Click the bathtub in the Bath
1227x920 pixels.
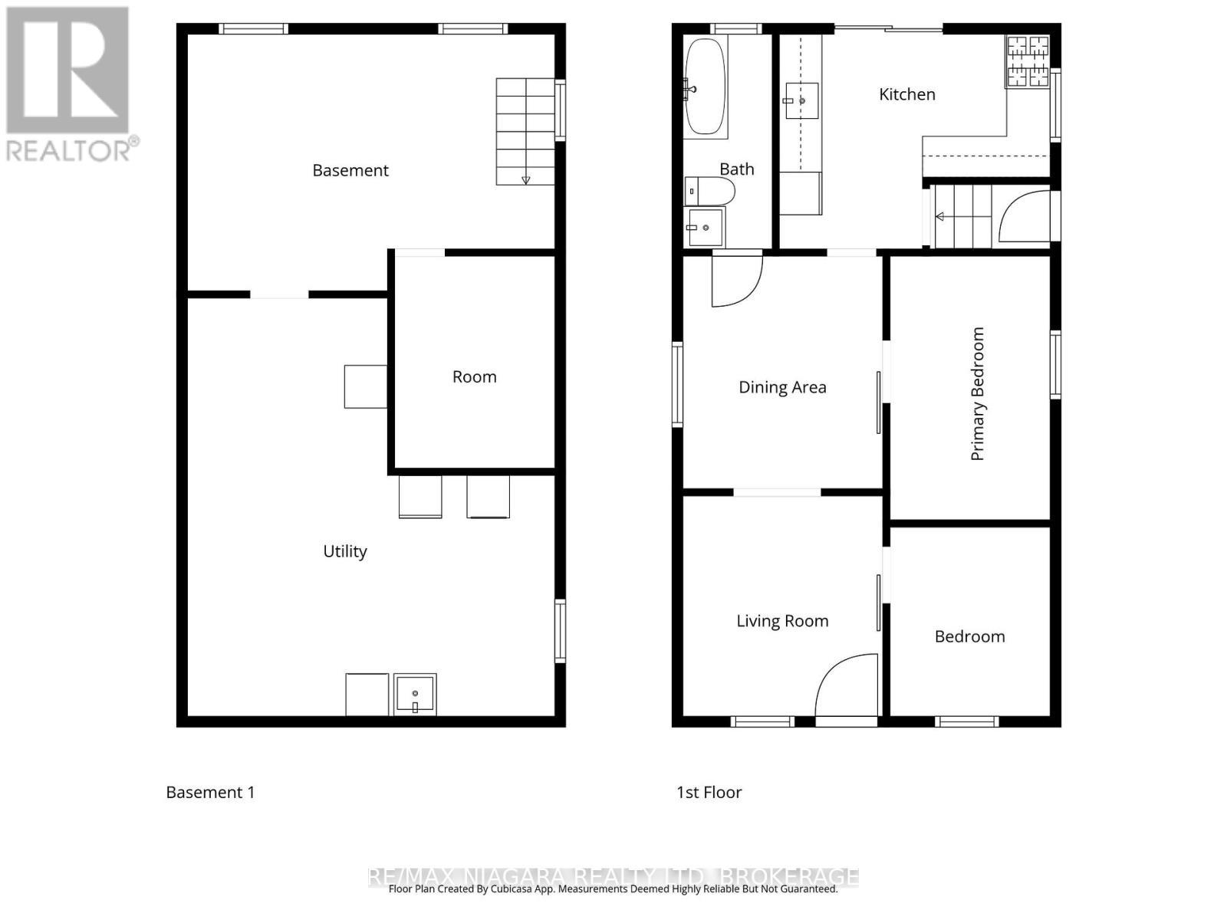[x=705, y=87]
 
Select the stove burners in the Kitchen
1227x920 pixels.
[x=1027, y=61]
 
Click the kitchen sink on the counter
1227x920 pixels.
[x=801, y=100]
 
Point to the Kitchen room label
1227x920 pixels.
[x=906, y=94]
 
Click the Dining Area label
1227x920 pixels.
[x=782, y=387]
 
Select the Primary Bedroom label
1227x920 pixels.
[x=977, y=393]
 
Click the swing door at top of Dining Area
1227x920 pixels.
[x=735, y=280]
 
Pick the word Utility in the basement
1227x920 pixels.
[x=344, y=551]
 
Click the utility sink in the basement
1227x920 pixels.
[x=415, y=694]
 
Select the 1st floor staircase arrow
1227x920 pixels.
[x=940, y=217]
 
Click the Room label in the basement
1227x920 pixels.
[x=474, y=376]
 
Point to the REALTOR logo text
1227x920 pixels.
[x=73, y=149]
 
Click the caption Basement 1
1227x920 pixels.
[x=210, y=792]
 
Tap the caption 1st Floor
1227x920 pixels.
[x=709, y=792]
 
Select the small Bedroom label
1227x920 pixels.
[x=969, y=636]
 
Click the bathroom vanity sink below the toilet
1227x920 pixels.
[x=705, y=228]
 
